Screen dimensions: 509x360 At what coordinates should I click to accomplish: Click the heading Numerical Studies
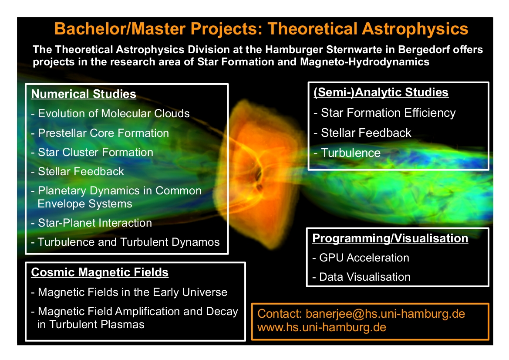click(x=84, y=94)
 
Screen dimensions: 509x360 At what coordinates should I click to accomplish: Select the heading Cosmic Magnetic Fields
click(x=100, y=272)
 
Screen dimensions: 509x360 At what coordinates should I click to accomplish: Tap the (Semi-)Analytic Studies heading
click(x=381, y=92)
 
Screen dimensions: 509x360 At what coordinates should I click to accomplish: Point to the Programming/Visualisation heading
click(x=390, y=238)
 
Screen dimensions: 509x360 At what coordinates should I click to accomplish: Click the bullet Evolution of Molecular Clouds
click(x=110, y=113)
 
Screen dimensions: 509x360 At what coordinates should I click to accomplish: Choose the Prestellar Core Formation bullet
click(x=100, y=133)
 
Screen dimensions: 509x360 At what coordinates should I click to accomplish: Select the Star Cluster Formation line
click(x=92, y=152)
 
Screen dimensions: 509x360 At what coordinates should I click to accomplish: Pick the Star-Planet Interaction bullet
click(x=91, y=223)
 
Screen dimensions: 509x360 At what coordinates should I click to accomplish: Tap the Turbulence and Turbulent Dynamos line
click(x=125, y=242)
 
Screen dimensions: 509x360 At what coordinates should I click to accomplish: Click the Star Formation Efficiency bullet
click(x=384, y=113)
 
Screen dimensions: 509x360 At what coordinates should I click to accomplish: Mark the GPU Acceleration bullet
click(x=361, y=258)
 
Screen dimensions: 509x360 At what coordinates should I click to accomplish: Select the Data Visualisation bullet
click(x=361, y=277)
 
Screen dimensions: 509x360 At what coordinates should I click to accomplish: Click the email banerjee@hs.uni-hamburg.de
click(x=385, y=314)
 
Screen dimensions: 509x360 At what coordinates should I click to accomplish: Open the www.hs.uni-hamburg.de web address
click(x=322, y=327)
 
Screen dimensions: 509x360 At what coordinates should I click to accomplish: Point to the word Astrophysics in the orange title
click(x=415, y=29)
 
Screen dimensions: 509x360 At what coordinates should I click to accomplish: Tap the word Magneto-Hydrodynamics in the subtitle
click(x=364, y=62)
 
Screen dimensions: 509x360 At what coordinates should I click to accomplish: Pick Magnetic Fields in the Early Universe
click(x=129, y=292)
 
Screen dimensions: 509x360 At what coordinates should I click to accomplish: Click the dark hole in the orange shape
click(x=259, y=174)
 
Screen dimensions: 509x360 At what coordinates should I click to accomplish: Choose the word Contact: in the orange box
click(x=280, y=314)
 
